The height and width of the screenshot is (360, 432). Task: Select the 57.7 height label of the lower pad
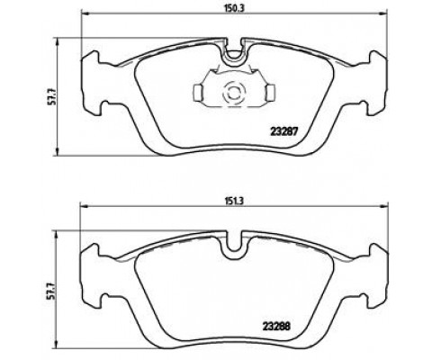[53, 291]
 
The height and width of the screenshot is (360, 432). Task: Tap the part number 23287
[283, 131]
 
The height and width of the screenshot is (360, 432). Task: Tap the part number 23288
[276, 326]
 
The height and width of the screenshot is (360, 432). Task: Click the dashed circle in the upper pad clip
[234, 93]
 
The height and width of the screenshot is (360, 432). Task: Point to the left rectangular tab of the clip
[198, 92]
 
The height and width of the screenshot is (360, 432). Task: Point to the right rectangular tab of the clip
[271, 92]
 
